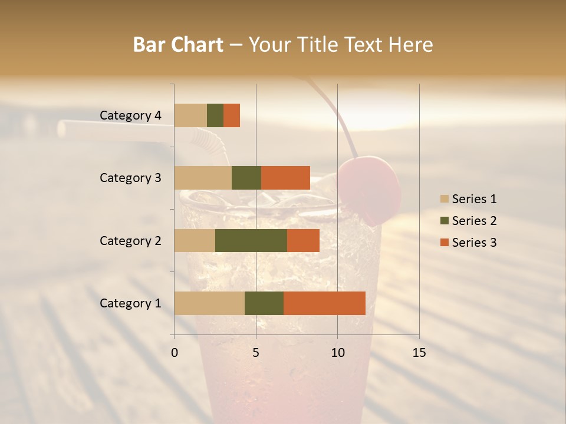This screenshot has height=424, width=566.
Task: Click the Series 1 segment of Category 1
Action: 209,303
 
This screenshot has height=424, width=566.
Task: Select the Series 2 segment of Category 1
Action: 264,303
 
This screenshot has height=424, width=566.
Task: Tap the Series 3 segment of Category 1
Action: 324,303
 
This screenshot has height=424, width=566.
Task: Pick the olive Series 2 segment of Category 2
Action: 251,240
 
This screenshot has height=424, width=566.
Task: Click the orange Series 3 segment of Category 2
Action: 303,240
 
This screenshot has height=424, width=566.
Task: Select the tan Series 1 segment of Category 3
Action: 203,178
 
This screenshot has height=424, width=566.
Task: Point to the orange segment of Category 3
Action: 285,178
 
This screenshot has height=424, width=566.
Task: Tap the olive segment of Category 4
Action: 215,115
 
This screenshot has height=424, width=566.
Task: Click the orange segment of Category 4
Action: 232,115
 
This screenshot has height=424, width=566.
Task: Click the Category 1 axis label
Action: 130,303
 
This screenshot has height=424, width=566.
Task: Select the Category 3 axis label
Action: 130,178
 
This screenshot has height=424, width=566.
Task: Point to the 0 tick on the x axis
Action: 175,353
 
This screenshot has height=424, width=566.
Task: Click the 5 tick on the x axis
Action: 256,353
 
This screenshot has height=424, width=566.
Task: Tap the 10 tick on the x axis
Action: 337,353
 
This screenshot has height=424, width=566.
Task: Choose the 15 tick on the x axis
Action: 419,353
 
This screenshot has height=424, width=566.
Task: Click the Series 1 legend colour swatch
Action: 444,199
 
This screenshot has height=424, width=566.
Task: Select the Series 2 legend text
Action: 474,221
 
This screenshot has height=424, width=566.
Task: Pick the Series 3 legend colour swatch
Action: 444,243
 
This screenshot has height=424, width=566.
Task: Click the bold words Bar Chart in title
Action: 178,45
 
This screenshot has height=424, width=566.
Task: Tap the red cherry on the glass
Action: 370,187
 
